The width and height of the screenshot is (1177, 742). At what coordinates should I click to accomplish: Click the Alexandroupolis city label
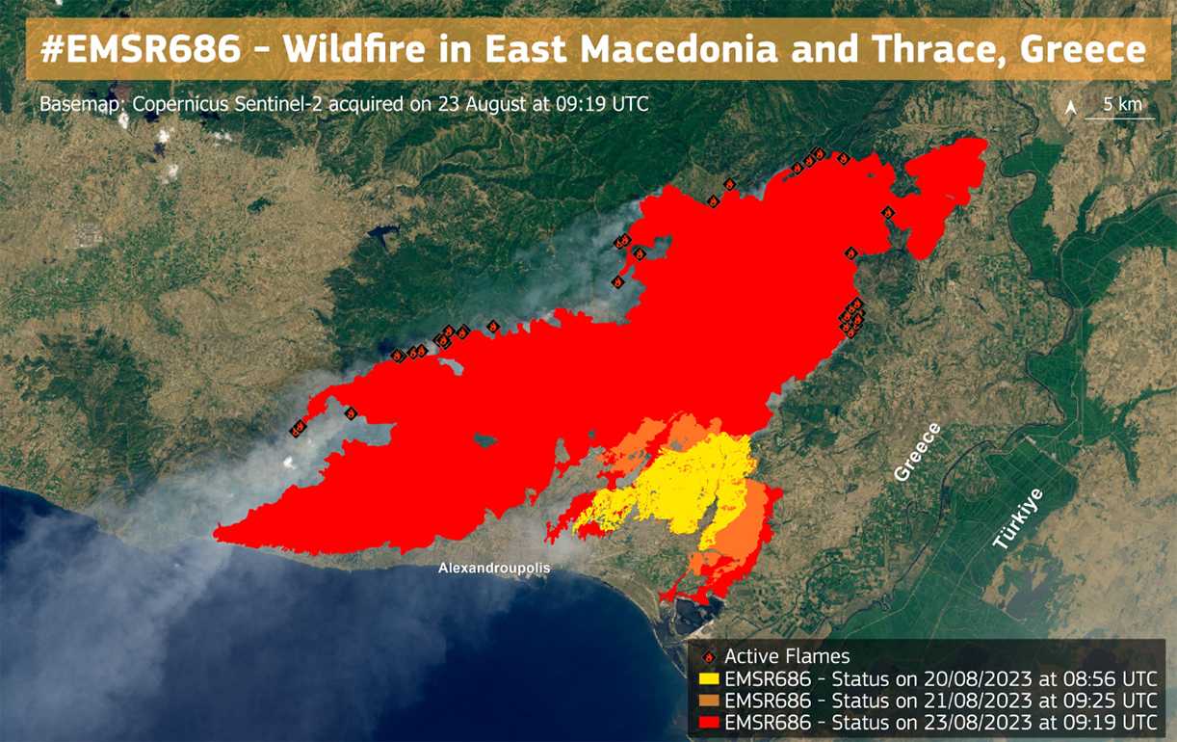pyautogui.click(x=494, y=568)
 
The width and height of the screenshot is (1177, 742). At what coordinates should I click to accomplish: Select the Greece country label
pyautogui.click(x=918, y=452)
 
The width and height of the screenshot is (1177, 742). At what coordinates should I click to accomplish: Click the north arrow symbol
pyautogui.click(x=1070, y=108)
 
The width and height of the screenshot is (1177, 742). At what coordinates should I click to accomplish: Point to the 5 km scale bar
pyautogui.click(x=1120, y=119)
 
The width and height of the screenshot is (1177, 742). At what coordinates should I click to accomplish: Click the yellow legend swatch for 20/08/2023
pyautogui.click(x=709, y=678)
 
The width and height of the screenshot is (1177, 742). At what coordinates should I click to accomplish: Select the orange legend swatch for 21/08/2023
pyautogui.click(x=709, y=701)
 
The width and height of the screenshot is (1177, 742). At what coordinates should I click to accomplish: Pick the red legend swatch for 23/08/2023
pyautogui.click(x=709, y=722)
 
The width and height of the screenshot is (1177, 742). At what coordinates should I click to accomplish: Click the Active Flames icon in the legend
pyautogui.click(x=709, y=657)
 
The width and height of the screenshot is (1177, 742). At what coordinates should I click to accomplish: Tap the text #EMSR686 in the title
pyautogui.click(x=141, y=48)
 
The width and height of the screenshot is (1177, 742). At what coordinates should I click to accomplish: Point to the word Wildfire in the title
pyautogui.click(x=354, y=48)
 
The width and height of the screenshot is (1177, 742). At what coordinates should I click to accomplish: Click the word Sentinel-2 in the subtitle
pyautogui.click(x=279, y=104)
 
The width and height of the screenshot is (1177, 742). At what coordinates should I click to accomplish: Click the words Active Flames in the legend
pyautogui.click(x=787, y=656)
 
